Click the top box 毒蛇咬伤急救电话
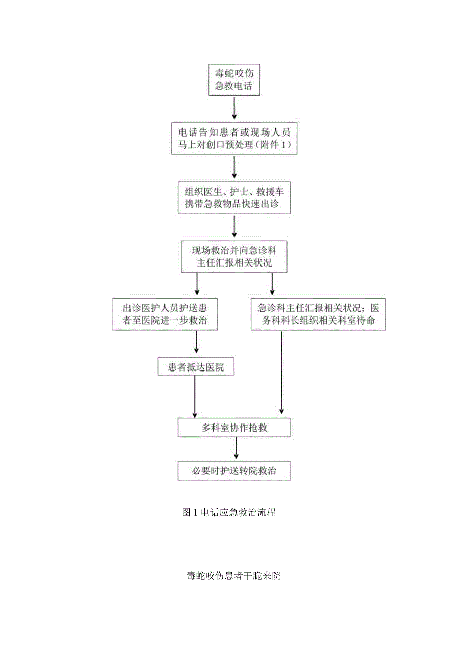click(234, 79)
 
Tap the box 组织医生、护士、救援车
click(234, 198)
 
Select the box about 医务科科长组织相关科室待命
click(318, 315)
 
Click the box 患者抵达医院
click(196, 366)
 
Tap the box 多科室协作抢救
click(234, 428)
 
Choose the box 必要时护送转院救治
click(234, 471)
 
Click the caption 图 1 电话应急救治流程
click(229, 513)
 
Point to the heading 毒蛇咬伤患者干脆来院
click(234, 576)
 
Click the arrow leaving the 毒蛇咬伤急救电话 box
click(234, 109)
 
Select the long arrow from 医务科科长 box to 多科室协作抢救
click(282, 374)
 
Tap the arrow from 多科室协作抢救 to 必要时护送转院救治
click(236, 449)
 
